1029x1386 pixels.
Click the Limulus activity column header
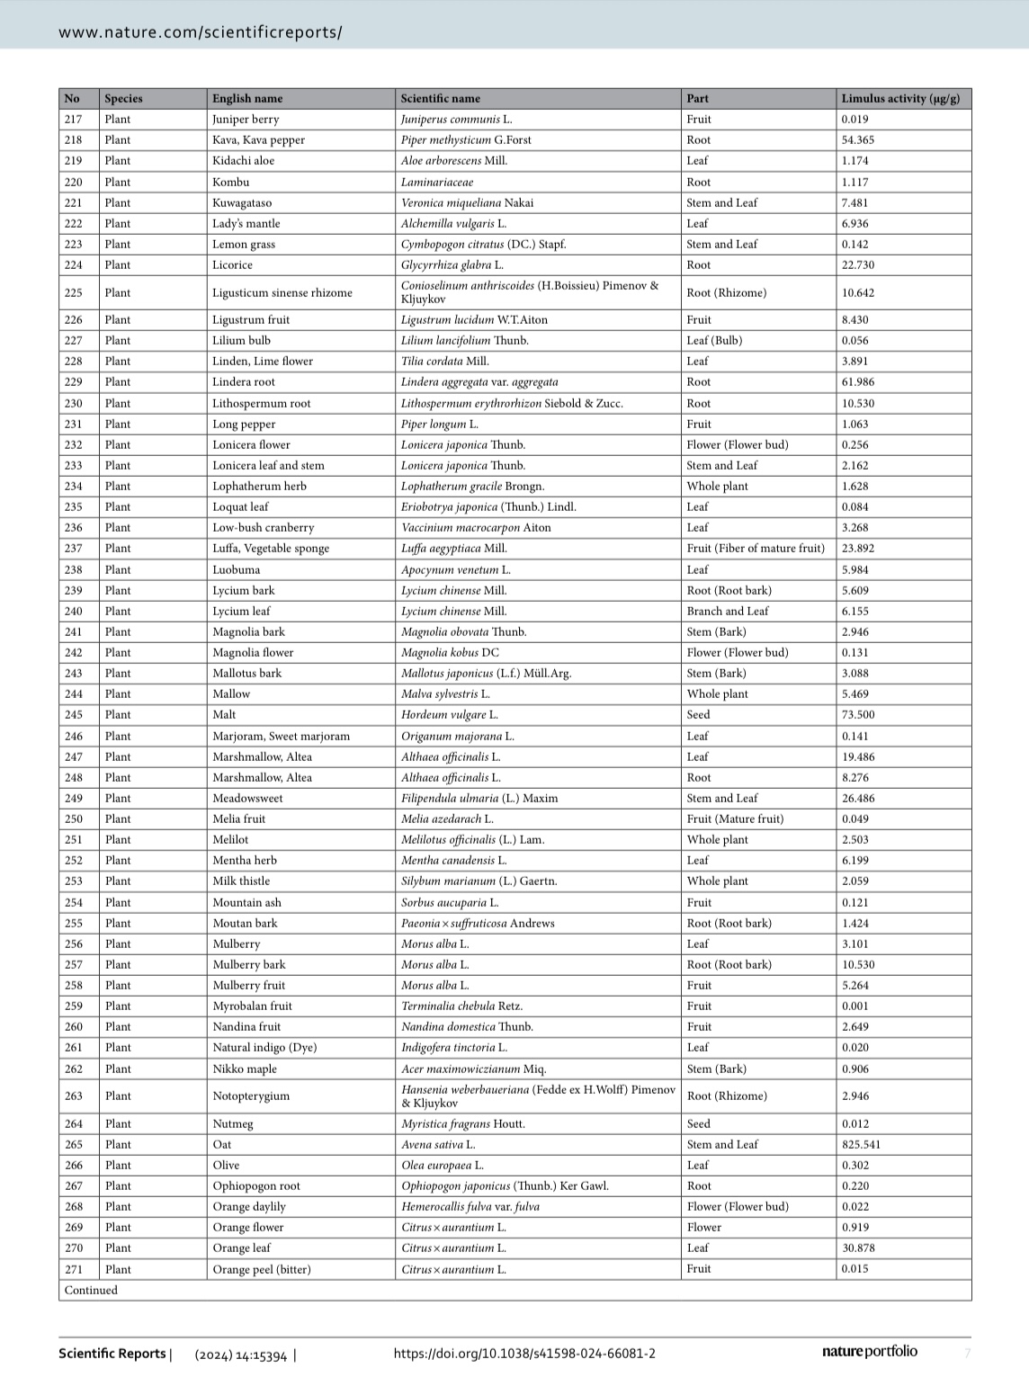click(899, 99)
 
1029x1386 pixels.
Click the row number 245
click(74, 715)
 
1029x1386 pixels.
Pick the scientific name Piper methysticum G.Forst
click(466, 140)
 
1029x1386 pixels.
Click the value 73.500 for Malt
click(857, 715)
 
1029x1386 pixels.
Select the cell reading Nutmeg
click(232, 1124)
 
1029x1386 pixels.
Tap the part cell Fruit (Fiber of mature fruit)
click(755, 549)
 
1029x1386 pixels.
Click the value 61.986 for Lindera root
click(857, 382)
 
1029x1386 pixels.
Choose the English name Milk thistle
click(240, 881)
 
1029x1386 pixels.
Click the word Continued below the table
click(91, 1291)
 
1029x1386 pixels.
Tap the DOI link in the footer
click(523, 1354)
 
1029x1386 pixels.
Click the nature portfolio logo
click(869, 1352)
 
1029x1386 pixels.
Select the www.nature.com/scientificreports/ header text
click(200, 32)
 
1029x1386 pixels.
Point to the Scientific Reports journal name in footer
click(112, 1354)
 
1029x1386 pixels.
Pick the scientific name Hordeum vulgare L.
click(449, 715)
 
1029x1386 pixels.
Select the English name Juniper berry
click(245, 120)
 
